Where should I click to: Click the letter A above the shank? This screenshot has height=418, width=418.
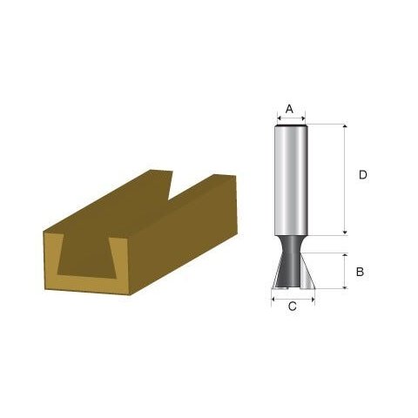click(291, 110)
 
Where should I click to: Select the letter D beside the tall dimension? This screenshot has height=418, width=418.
click(363, 175)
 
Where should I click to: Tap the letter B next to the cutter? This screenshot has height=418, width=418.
click(360, 272)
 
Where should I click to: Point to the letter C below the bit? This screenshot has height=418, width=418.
click(292, 307)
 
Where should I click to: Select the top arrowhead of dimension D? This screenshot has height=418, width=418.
click(346, 128)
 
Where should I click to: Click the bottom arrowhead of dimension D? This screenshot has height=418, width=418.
click(346, 231)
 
